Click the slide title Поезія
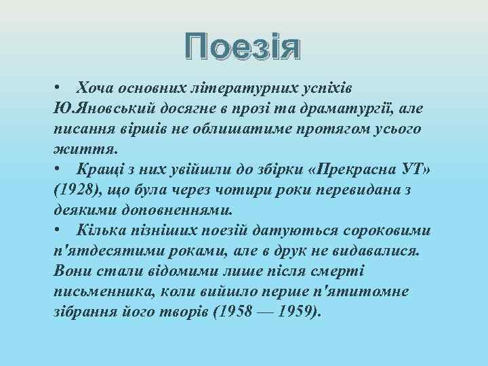[243, 49]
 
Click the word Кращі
[99, 167]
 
